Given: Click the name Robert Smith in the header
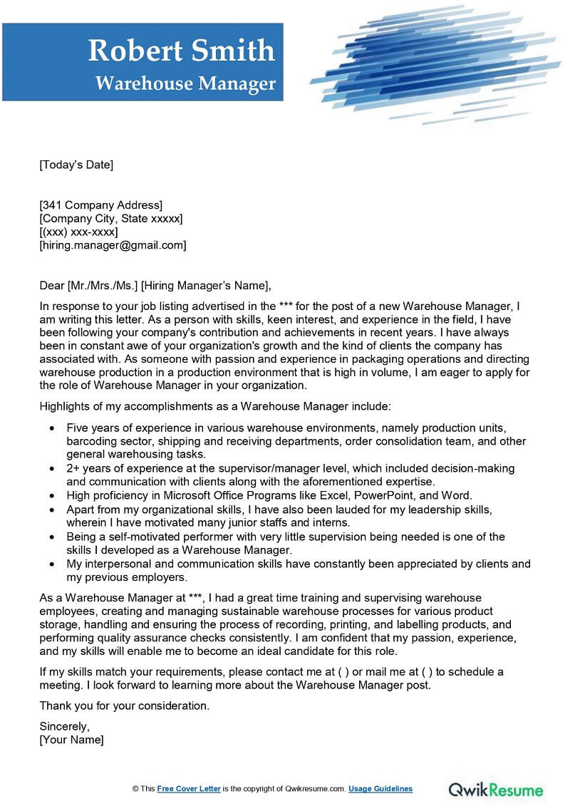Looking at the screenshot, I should (181, 51).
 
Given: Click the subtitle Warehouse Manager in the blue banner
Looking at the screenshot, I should (185, 83).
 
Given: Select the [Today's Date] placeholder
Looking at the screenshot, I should (76, 165).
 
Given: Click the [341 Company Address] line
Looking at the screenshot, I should (100, 206).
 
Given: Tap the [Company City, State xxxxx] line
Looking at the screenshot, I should (110, 219).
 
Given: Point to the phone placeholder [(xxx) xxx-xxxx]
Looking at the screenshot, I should (78, 232).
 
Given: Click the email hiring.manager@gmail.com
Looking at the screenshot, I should (113, 245).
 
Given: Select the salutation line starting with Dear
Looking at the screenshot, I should (155, 286).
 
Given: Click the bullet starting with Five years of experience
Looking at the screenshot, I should (285, 428).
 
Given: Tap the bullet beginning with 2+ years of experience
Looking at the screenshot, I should (285, 468).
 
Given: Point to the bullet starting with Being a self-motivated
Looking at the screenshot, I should (285, 536).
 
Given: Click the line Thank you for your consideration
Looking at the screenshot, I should (125, 706).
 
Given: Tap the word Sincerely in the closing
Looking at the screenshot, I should (64, 727).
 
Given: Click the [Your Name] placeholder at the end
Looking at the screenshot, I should (71, 740).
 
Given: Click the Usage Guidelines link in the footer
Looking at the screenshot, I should (381, 789).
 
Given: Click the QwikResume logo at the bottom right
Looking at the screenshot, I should (495, 790).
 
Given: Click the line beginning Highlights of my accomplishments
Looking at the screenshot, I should (215, 406).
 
